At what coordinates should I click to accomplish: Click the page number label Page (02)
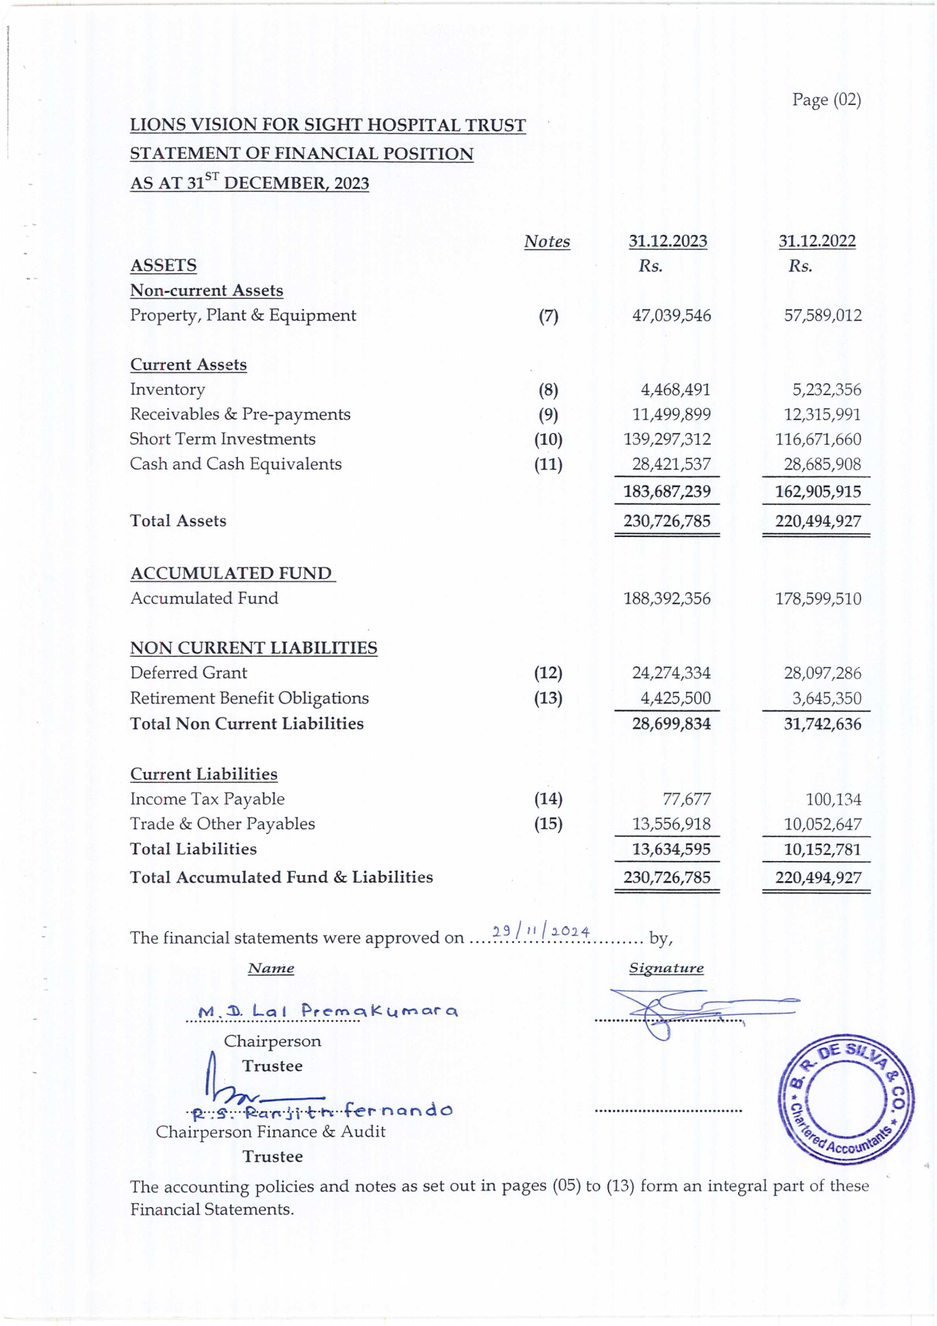point(826,100)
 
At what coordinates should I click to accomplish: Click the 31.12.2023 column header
point(668,241)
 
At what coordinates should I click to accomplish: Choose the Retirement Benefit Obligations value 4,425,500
point(675,698)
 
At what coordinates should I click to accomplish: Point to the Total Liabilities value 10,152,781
point(822,849)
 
